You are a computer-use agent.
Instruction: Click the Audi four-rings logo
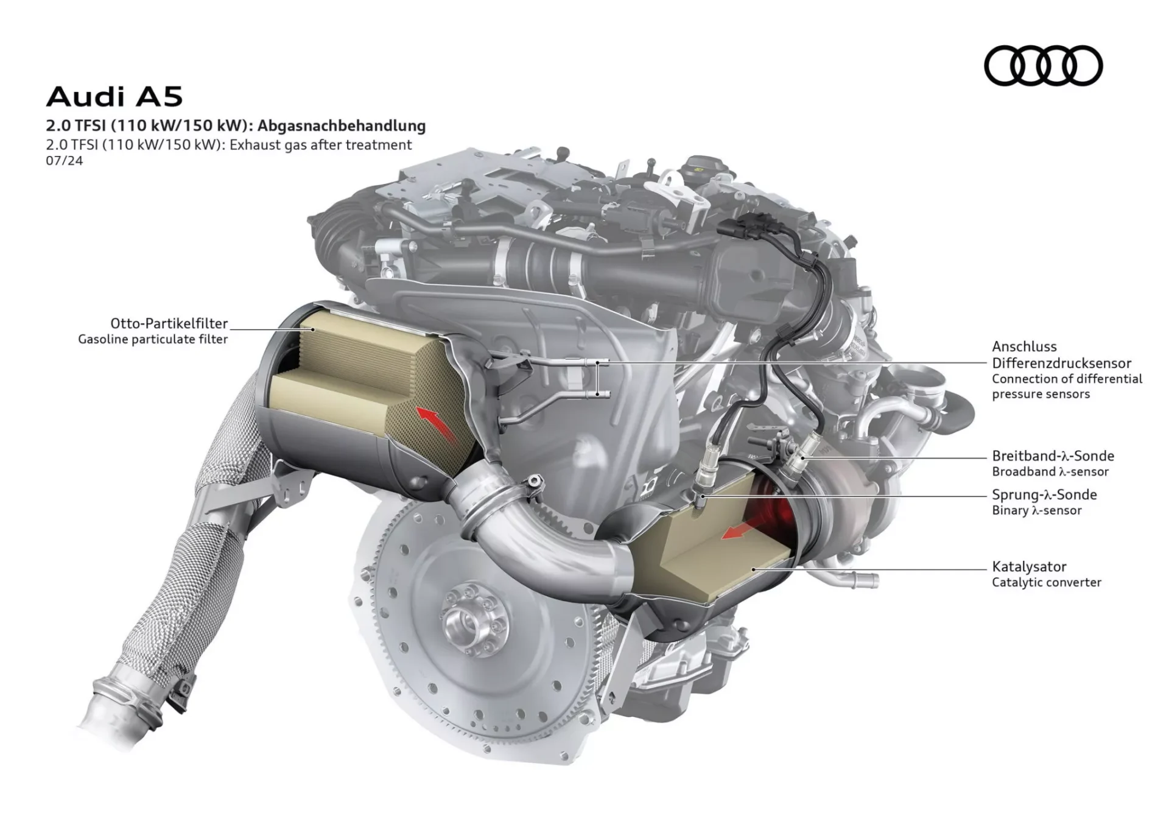coord(1043,65)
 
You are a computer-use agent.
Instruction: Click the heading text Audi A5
coord(114,96)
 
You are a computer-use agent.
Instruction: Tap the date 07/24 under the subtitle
coord(64,161)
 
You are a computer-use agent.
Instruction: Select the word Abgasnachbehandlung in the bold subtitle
coord(341,126)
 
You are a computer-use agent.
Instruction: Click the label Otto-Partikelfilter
coord(169,323)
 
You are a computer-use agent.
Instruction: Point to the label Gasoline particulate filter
coord(153,339)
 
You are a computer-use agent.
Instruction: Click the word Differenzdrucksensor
coord(1061,363)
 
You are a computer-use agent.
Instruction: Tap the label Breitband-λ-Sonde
coord(1053,456)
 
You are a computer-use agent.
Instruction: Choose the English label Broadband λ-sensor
coord(1050,471)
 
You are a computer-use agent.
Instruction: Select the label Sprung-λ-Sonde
coord(1044,494)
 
